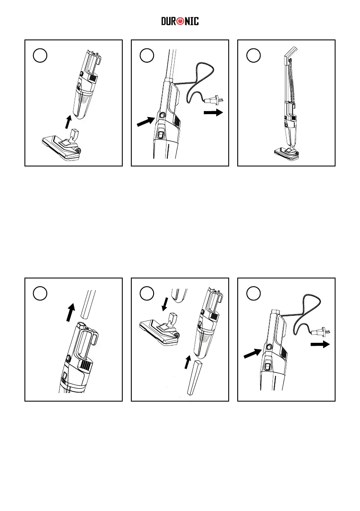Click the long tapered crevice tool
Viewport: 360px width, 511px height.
(x=194, y=377)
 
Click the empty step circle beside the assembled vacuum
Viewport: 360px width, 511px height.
(x=253, y=55)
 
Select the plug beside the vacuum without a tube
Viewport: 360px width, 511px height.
(x=319, y=332)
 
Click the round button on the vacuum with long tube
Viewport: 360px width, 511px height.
(x=162, y=115)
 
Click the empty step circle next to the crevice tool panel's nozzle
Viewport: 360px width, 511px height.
(x=147, y=293)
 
